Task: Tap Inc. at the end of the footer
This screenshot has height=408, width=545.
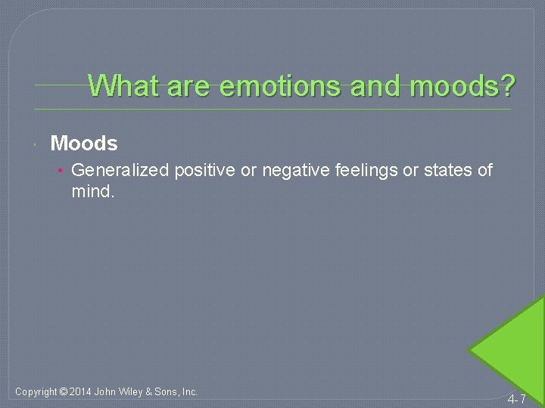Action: (189, 392)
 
